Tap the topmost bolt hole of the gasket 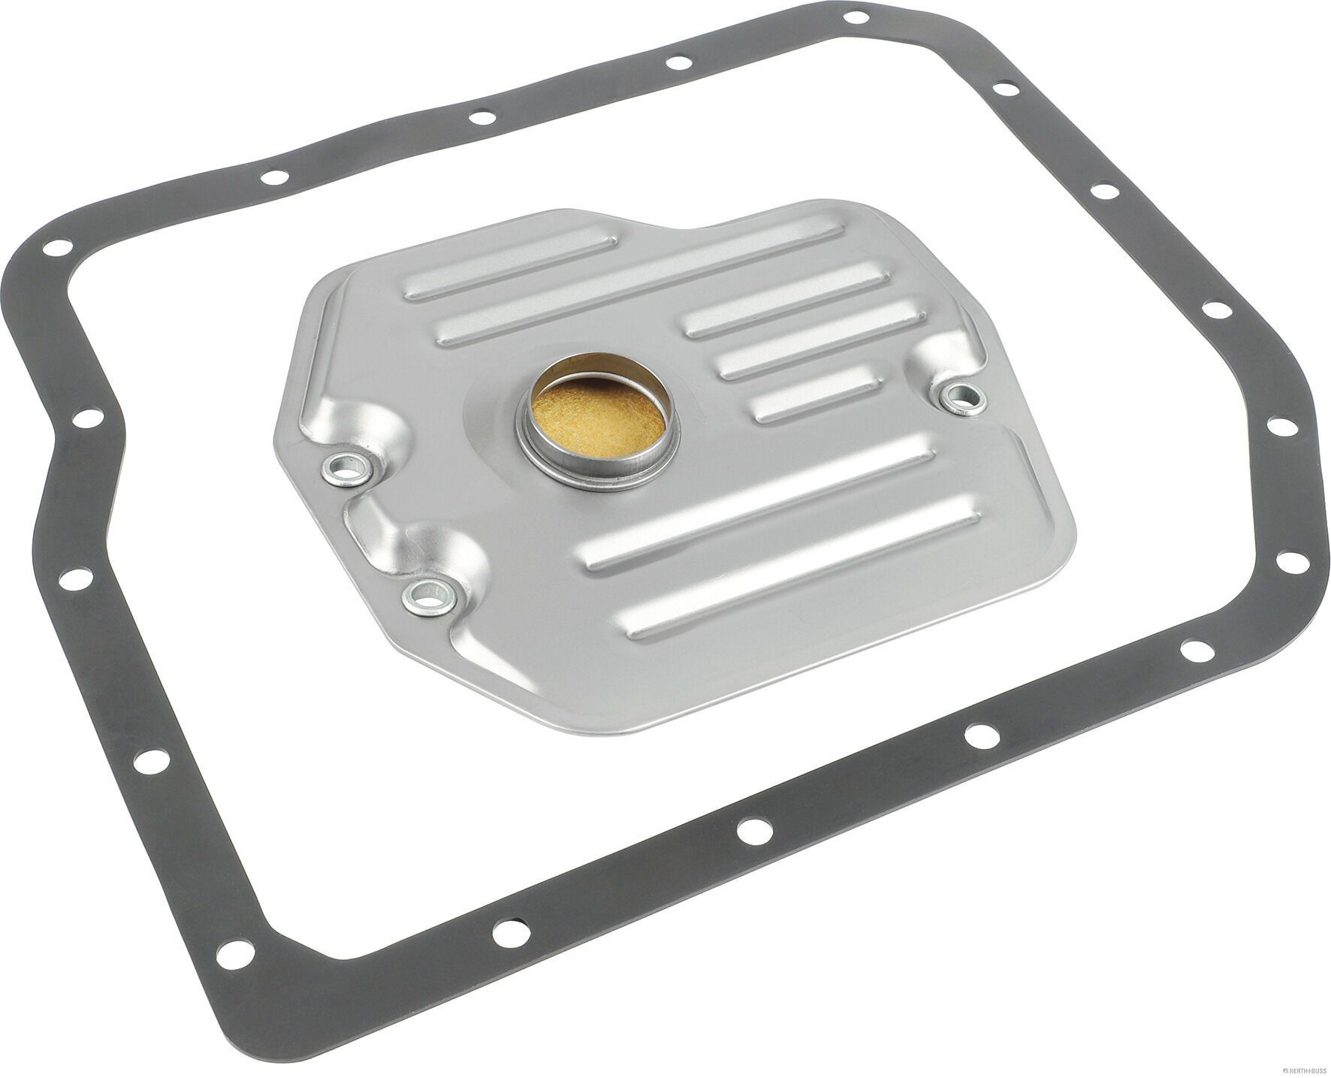click(x=854, y=17)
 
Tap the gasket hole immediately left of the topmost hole click(x=678, y=63)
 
